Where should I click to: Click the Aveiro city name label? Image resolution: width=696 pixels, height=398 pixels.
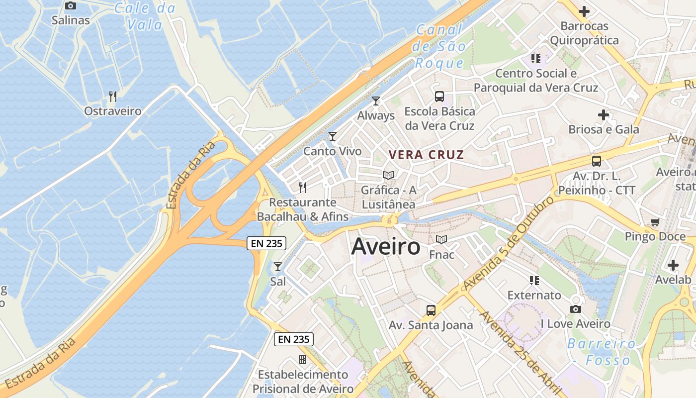pyautogui.click(x=386, y=247)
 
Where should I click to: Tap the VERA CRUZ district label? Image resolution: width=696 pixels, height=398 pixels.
pyautogui.click(x=427, y=155)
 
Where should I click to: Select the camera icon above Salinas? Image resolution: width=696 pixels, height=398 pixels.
pyautogui.click(x=71, y=6)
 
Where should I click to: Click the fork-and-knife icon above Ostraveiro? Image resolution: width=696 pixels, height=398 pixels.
pyautogui.click(x=113, y=97)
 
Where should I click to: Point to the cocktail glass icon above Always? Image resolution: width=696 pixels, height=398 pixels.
pyautogui.click(x=376, y=101)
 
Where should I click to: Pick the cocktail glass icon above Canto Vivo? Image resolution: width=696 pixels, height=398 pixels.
pyautogui.click(x=333, y=136)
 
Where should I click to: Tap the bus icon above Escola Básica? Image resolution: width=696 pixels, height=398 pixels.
pyautogui.click(x=439, y=97)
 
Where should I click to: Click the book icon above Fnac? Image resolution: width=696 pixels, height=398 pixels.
pyautogui.click(x=441, y=240)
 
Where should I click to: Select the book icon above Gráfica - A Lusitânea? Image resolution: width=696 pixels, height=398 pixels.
pyautogui.click(x=388, y=176)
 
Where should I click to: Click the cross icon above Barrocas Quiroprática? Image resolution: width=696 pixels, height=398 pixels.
pyautogui.click(x=584, y=11)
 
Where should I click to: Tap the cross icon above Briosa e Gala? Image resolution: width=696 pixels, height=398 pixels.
pyautogui.click(x=604, y=115)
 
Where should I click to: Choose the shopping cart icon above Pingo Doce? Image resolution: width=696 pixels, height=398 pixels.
pyautogui.click(x=655, y=222)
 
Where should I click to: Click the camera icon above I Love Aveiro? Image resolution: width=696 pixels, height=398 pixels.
pyautogui.click(x=576, y=309)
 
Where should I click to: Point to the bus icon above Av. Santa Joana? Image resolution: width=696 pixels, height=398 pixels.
pyautogui.click(x=431, y=310)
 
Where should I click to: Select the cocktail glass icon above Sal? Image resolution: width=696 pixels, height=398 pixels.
pyautogui.click(x=278, y=267)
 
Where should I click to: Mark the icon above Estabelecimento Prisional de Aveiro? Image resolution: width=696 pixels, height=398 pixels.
pyautogui.click(x=303, y=360)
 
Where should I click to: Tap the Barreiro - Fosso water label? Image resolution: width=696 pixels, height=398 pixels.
pyautogui.click(x=602, y=351)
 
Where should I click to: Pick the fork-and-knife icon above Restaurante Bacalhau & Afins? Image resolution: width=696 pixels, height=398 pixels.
pyautogui.click(x=302, y=188)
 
